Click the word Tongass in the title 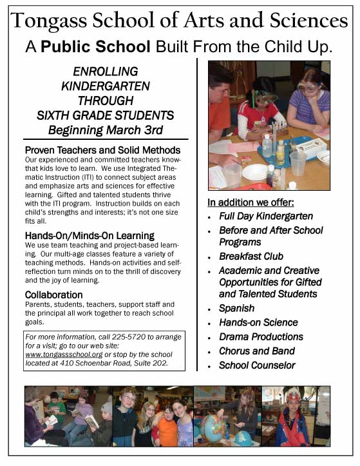(52, 21)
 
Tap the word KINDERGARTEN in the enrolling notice (105, 86)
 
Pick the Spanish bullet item (236, 308)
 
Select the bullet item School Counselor (257, 365)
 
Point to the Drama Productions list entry (261, 336)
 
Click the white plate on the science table (254, 172)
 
